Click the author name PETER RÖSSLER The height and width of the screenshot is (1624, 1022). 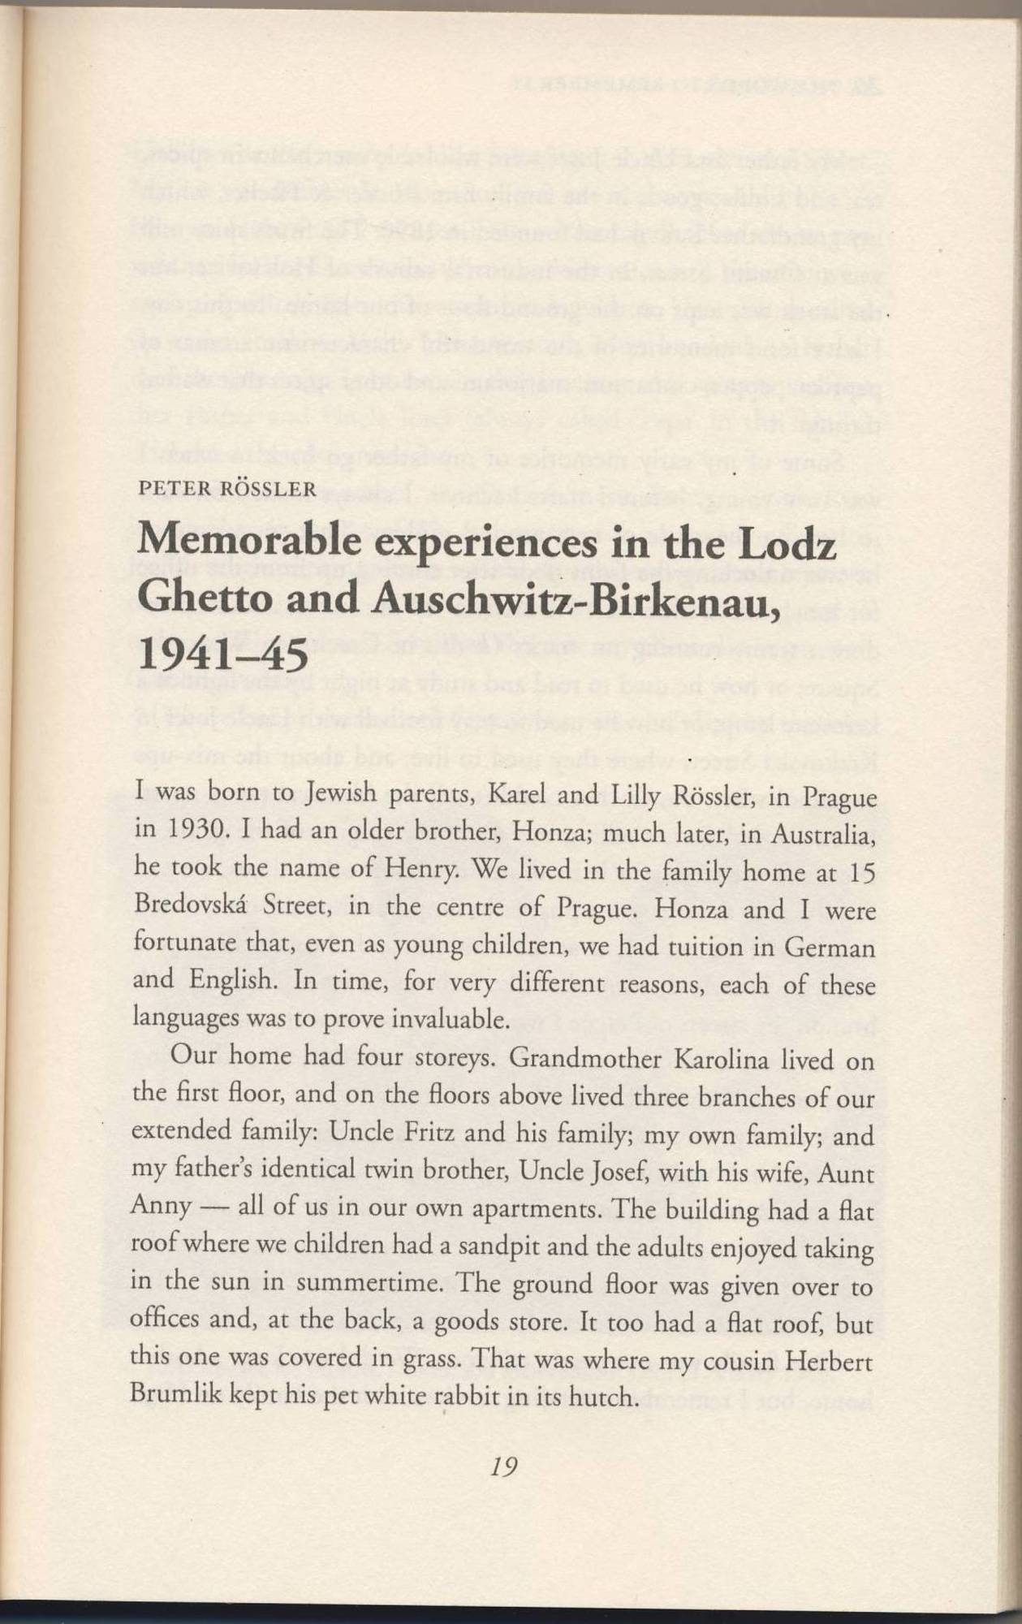coord(227,489)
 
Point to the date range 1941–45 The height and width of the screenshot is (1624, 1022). coord(223,654)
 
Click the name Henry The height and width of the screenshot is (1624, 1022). coord(421,870)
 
